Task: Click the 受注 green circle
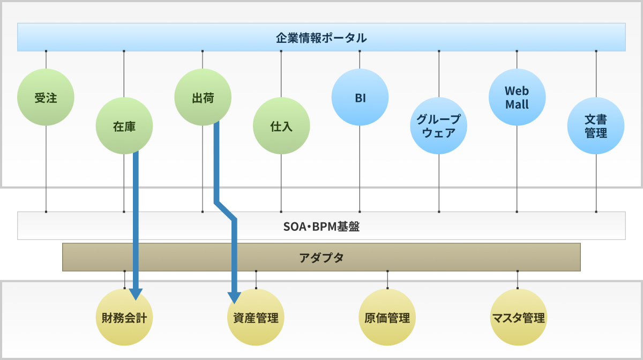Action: (46, 97)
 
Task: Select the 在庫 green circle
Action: (124, 126)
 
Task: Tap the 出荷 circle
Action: (203, 97)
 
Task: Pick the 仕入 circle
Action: (281, 126)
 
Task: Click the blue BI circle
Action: (360, 97)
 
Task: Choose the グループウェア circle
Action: (439, 126)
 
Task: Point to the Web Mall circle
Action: (517, 97)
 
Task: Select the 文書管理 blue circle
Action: (596, 126)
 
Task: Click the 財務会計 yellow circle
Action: (124, 317)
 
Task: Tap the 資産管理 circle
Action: (256, 317)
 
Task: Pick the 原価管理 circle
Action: (387, 317)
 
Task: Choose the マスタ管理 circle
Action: (519, 317)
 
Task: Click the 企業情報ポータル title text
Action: (321, 38)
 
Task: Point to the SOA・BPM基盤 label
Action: (321, 227)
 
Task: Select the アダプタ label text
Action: (321, 258)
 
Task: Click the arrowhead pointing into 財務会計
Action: (136, 294)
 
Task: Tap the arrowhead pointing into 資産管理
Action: (234, 298)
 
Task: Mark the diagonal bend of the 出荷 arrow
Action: (226, 211)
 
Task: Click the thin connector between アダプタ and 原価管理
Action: (387, 280)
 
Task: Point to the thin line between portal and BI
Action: (360, 59)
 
